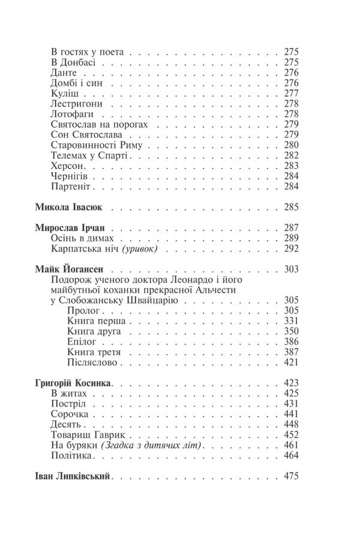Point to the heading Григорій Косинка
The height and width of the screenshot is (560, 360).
(75, 382)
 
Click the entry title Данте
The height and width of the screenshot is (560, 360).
(64, 73)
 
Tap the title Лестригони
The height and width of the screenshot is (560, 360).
(76, 104)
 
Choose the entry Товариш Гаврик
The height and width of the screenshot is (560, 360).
(88, 435)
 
